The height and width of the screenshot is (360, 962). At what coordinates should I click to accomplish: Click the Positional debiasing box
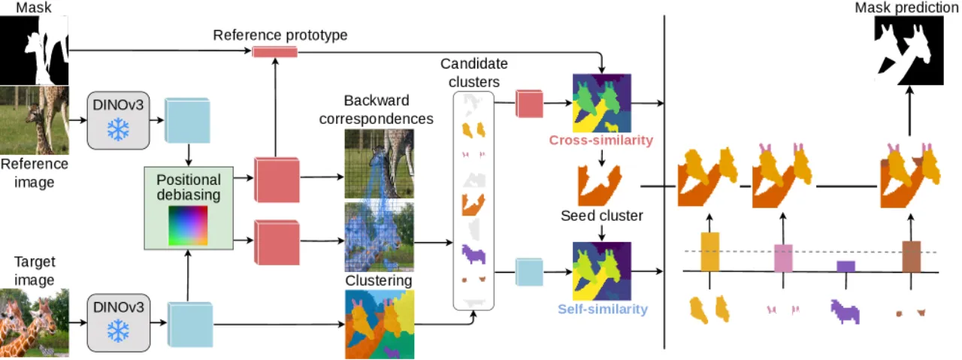point(189,208)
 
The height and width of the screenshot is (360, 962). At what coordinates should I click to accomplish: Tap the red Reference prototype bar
point(275,52)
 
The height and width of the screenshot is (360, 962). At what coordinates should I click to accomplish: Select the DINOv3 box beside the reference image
point(118,120)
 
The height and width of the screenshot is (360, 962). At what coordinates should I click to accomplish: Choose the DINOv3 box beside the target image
point(119,322)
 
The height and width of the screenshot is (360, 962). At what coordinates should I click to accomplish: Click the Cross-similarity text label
point(600,140)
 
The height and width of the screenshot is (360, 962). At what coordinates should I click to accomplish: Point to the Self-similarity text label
point(603,309)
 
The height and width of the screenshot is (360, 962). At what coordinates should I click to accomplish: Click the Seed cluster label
point(602,215)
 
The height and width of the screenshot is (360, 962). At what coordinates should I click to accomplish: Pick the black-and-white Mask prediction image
point(909,50)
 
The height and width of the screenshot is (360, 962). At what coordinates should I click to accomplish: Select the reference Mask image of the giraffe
point(35,50)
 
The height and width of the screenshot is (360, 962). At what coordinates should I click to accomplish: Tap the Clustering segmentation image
point(380,325)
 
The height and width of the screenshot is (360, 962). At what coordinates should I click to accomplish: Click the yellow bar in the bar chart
point(710,252)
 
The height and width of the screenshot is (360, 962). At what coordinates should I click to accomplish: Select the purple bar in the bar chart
point(846,266)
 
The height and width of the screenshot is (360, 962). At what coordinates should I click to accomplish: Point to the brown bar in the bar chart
point(912,256)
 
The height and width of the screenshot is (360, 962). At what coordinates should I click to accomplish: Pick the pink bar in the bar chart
point(783,258)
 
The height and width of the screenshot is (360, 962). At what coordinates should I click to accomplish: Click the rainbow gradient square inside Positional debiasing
point(188,225)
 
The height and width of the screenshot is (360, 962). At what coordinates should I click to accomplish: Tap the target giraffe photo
point(35,322)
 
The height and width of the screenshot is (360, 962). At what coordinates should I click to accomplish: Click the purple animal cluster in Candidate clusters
point(473,253)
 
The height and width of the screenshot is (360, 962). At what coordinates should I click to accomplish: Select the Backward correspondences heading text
point(377,110)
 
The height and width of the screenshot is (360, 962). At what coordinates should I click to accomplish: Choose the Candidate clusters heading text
point(474,73)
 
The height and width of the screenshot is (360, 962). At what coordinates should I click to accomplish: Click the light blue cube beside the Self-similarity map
point(529,272)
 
